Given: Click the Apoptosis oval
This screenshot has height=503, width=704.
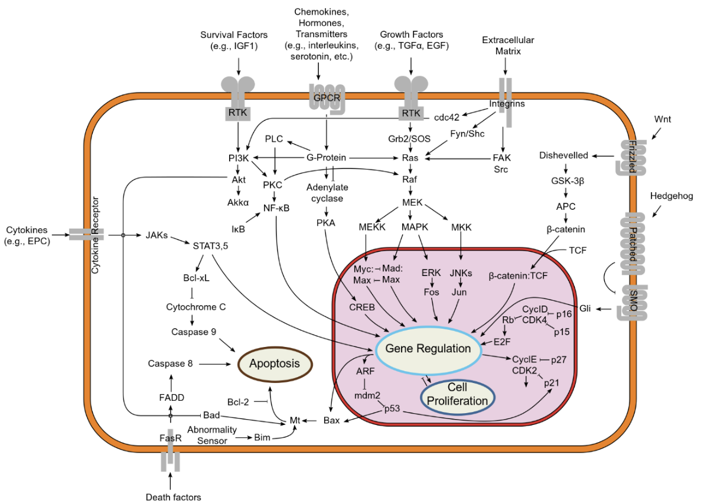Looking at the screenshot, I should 273,364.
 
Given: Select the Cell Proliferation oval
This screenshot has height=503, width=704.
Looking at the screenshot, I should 458,394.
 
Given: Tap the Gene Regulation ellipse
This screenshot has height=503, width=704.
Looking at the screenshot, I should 428,348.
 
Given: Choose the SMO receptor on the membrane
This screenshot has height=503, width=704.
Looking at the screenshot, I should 633,303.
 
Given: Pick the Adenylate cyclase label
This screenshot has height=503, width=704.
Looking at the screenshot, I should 327,192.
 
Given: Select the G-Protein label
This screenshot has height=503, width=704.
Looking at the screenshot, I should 326,158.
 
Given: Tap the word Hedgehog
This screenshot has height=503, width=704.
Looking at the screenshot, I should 671,196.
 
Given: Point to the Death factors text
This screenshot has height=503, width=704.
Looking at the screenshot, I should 174,497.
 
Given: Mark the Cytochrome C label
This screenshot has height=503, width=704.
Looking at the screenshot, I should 194,307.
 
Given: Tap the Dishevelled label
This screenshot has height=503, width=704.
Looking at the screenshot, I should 563,155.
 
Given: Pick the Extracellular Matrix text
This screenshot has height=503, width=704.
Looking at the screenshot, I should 508,46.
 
